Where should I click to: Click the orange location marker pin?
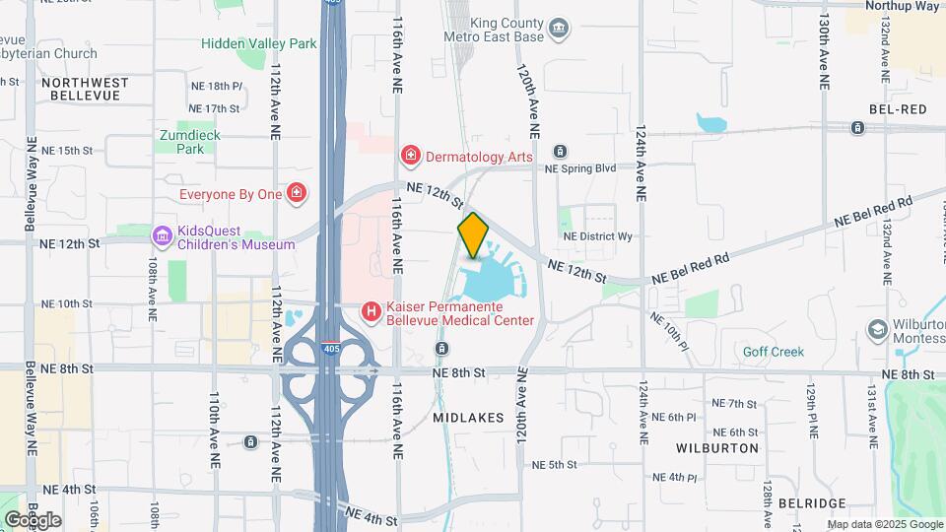473,234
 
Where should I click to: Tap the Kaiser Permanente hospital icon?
372,312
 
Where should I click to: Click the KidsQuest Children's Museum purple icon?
162,236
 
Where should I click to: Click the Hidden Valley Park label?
259,43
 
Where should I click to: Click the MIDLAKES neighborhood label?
469,418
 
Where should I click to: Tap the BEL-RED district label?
898,109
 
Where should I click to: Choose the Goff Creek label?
774,352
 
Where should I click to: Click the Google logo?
32,519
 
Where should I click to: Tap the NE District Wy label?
597,236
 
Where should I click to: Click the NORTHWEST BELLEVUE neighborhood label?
85,89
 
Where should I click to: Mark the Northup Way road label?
902,6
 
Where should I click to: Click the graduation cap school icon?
877,331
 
